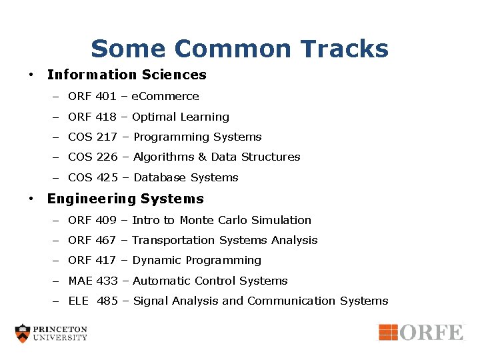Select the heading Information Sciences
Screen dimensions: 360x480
pyautogui.click(x=127, y=75)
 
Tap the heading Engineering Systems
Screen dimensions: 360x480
pyautogui.click(x=125, y=199)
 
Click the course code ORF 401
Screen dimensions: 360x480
pyautogui.click(x=92, y=97)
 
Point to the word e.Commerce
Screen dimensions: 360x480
pyautogui.click(x=165, y=97)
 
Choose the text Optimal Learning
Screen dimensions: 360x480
pyautogui.click(x=181, y=117)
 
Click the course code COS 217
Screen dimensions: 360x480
pyautogui.click(x=93, y=137)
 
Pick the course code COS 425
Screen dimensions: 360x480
pyautogui.click(x=93, y=178)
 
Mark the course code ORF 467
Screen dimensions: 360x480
pyautogui.click(x=92, y=241)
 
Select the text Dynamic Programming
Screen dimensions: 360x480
pyautogui.click(x=197, y=261)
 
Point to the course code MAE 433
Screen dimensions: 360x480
pyautogui.click(x=93, y=281)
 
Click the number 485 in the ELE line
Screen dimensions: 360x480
pyautogui.click(x=107, y=301)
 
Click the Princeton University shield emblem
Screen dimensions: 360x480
pyautogui.click(x=23, y=333)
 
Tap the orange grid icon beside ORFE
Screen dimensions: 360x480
pyautogui.click(x=389, y=332)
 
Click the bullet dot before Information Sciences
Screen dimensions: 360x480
pyautogui.click(x=31, y=75)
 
